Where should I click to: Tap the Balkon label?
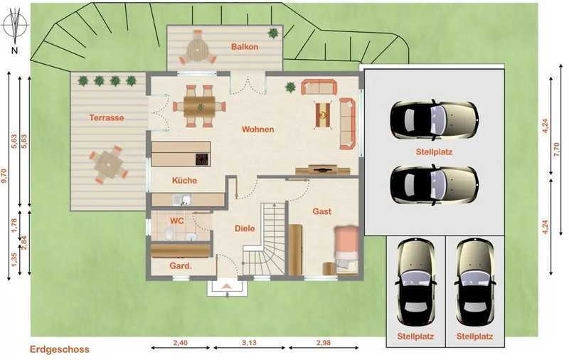point(245,47)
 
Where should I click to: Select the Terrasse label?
point(107,117)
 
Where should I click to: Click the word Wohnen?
point(258,129)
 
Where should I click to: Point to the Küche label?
point(184,180)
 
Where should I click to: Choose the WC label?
point(176,221)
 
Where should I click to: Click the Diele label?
point(245,228)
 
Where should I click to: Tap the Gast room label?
point(322,211)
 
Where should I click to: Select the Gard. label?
point(181,266)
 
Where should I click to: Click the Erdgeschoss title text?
point(60,349)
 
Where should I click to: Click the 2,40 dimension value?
point(181,343)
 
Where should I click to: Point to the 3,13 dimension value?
point(250,343)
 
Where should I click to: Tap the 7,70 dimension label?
point(558,149)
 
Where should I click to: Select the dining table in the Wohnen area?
point(199,106)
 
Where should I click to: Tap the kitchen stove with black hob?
point(202,159)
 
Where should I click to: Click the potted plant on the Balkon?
point(273,33)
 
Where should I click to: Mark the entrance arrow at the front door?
point(227,286)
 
